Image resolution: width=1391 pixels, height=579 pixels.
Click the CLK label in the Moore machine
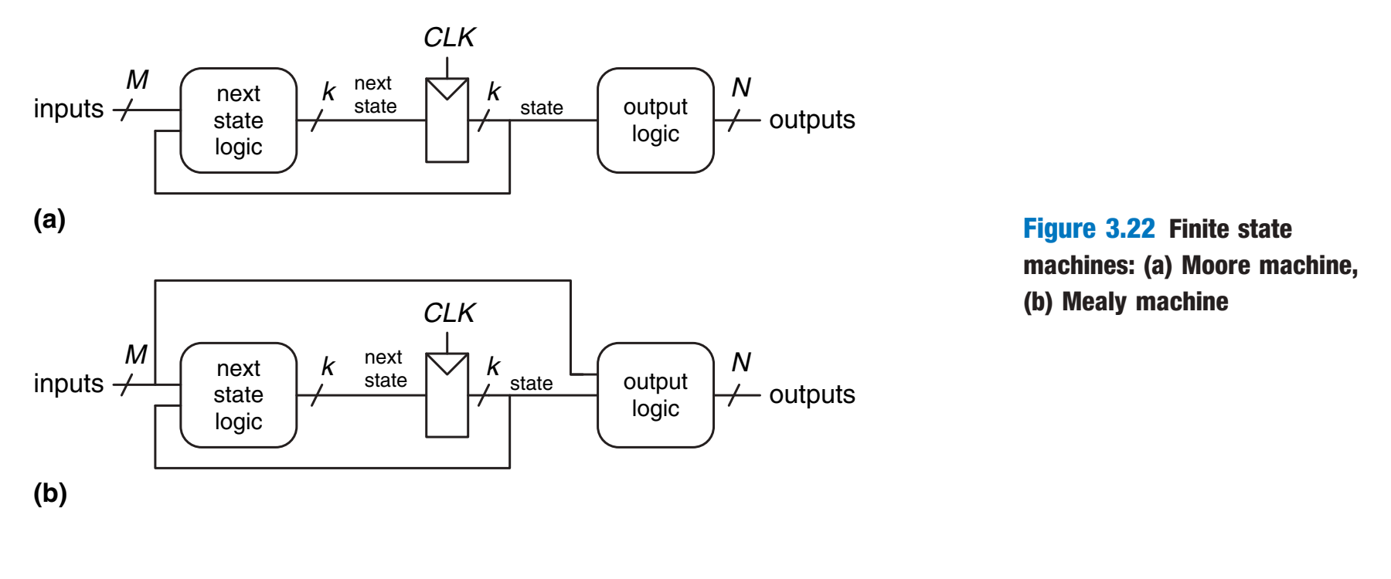click(x=449, y=38)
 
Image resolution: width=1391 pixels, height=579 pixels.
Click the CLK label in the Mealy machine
click(x=449, y=313)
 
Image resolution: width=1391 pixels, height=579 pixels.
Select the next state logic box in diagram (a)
click(x=238, y=120)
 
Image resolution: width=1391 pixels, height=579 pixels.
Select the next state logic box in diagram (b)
click(x=238, y=395)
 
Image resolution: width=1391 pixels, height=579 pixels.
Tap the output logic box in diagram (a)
click(x=655, y=120)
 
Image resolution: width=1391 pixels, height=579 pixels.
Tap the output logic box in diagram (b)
click(x=655, y=395)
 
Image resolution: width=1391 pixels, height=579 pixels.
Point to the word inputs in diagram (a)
click(x=68, y=109)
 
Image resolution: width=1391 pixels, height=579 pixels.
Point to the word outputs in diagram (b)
click(x=811, y=394)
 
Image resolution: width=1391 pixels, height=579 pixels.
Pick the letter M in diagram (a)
click(x=137, y=80)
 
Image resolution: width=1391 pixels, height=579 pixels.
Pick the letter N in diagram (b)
click(x=741, y=362)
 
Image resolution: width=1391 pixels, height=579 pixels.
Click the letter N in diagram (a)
click(x=741, y=87)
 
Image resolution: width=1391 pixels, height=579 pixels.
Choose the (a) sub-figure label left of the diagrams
click(x=49, y=219)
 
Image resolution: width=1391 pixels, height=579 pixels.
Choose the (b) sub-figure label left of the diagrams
click(x=49, y=493)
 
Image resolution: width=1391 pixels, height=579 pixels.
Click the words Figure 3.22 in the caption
click(x=1088, y=229)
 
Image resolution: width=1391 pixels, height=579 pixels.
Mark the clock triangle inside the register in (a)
click(x=447, y=88)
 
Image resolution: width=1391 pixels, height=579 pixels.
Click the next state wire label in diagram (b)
click(x=385, y=368)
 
